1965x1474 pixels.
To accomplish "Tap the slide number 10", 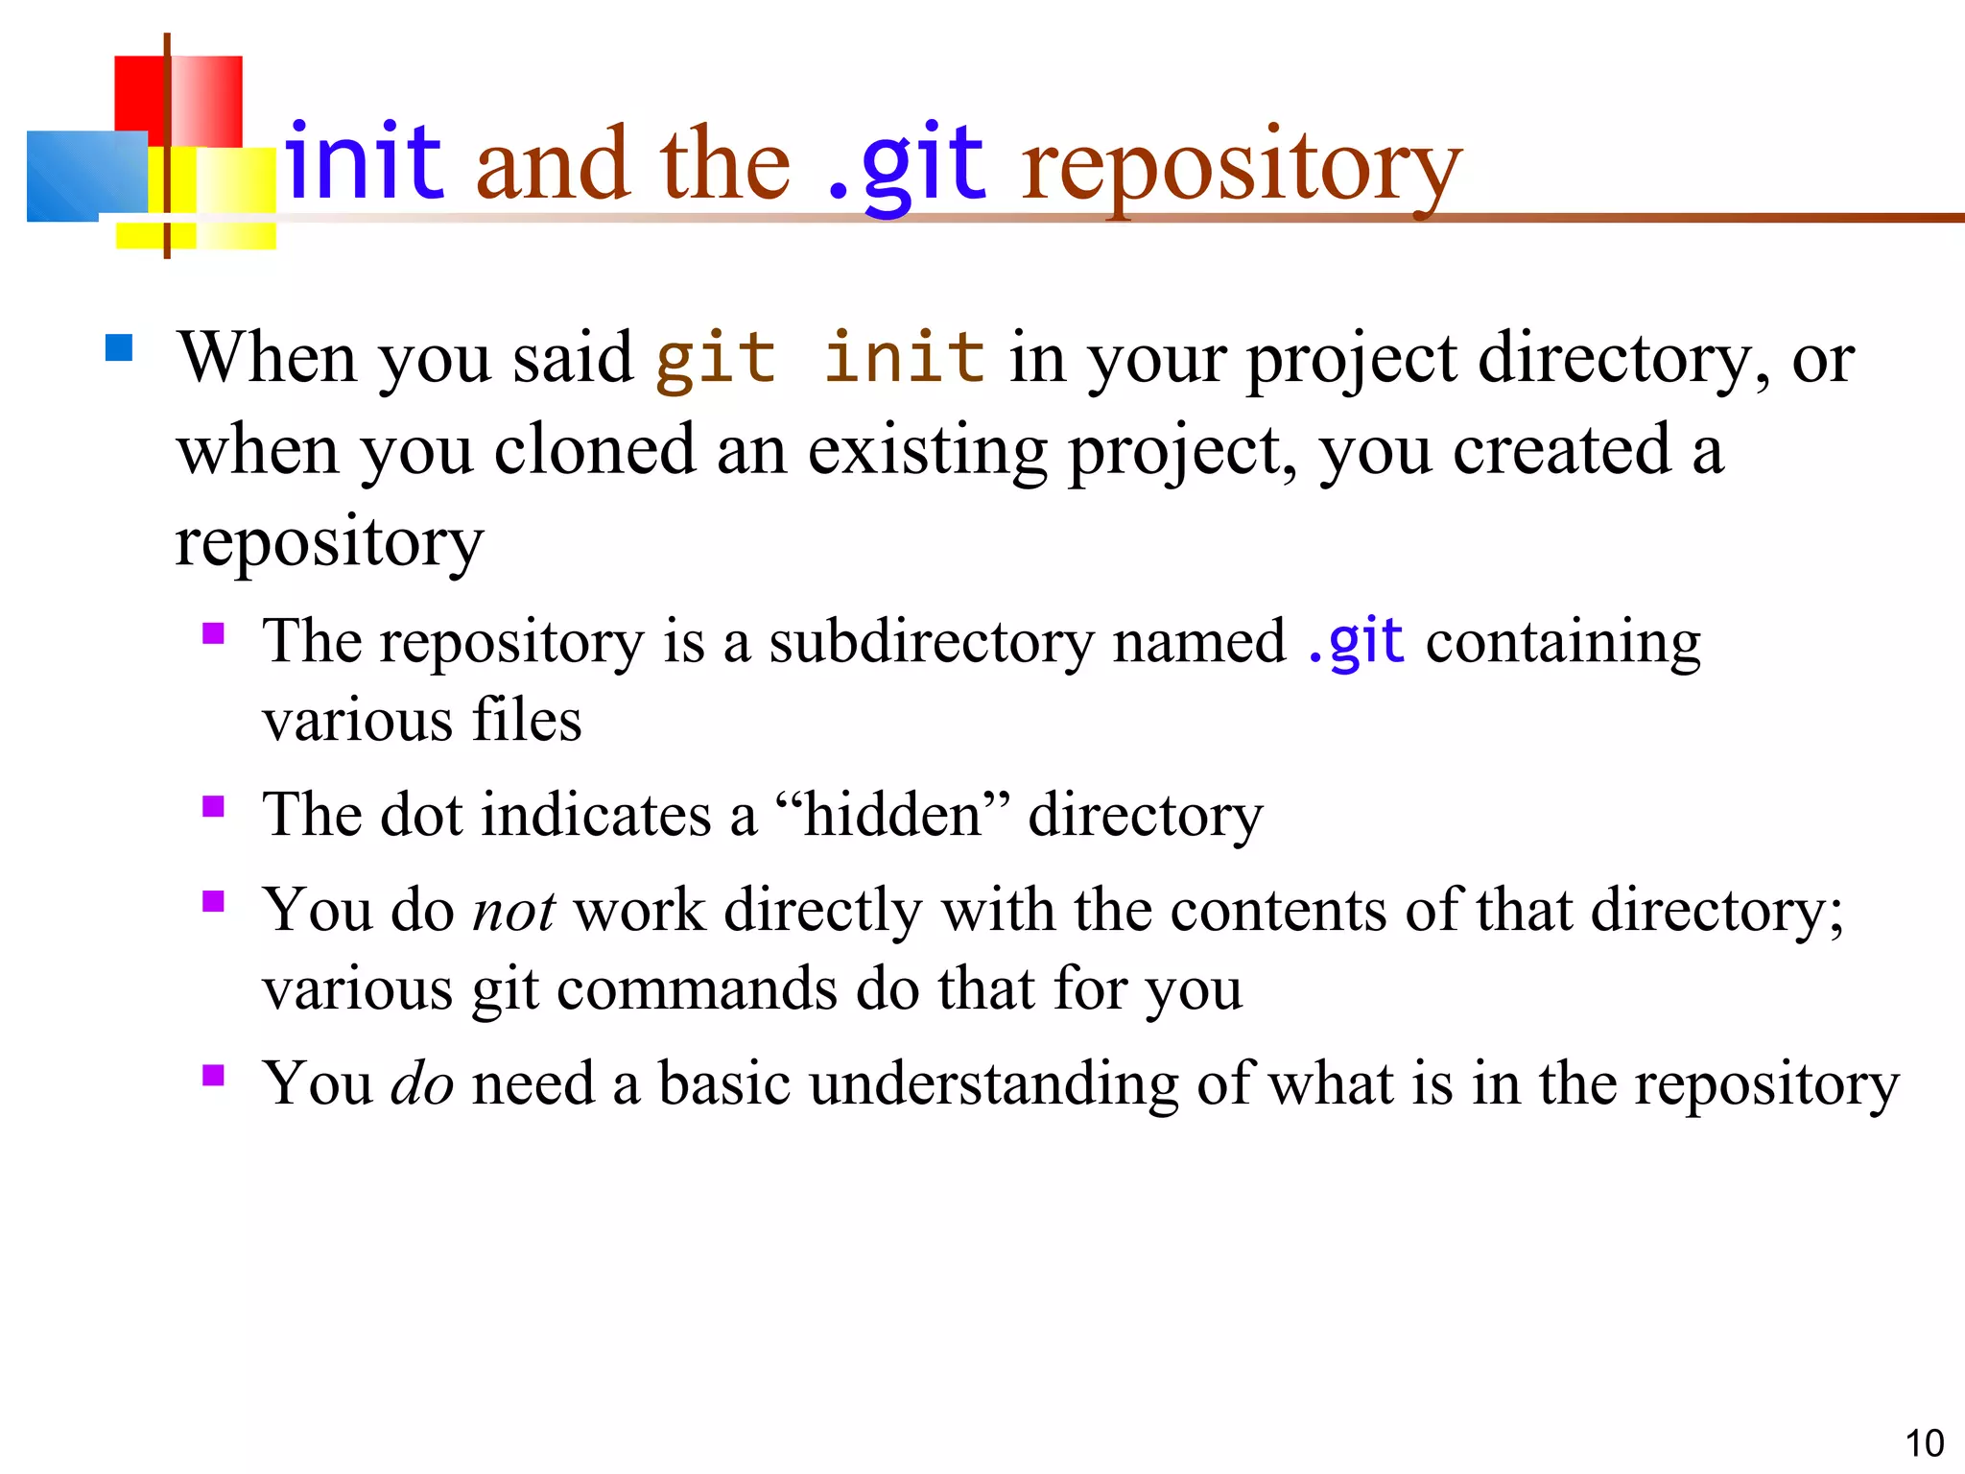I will pos(1924,1443).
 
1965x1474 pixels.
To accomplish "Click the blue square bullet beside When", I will pos(119,347).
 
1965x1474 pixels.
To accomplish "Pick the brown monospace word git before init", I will pos(715,357).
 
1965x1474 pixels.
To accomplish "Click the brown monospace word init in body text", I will pos(904,357).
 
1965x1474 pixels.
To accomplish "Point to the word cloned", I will pos(594,449).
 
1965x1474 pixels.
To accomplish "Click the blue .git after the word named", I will pos(1355,641).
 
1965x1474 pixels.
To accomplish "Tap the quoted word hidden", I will pos(892,815).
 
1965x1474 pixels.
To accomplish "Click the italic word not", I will pos(513,910).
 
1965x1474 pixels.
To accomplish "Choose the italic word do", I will pos(422,1083).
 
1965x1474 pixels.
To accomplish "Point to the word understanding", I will pos(993,1083).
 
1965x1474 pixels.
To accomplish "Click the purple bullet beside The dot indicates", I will pos(213,806).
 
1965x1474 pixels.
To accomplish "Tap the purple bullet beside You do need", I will pos(213,1075).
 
